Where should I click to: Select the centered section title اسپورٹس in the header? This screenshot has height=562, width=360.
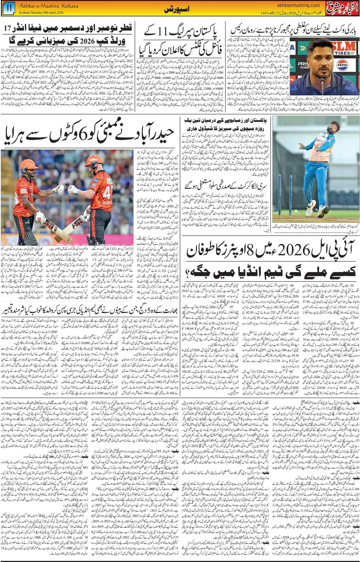177,10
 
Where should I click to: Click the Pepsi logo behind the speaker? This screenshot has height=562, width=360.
342,65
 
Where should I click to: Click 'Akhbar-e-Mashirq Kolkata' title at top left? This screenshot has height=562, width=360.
48,6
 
